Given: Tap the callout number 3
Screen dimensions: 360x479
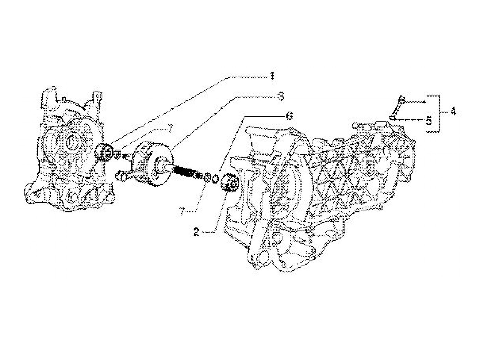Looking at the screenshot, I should (x=281, y=97).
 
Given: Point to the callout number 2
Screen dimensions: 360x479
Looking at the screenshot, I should (x=196, y=232).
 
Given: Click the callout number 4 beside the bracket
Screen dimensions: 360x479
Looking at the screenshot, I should (x=453, y=112).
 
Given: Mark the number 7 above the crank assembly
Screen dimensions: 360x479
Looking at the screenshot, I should (x=168, y=129).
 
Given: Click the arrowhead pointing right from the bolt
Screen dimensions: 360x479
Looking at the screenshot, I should (x=425, y=102).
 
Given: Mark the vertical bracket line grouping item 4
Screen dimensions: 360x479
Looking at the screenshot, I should (x=439, y=113).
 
